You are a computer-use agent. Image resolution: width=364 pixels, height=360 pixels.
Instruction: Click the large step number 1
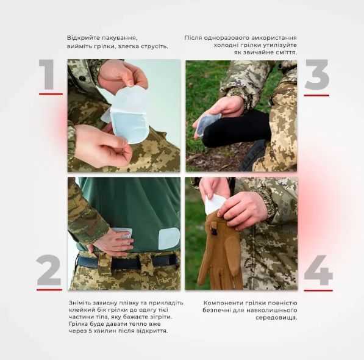point(48,74)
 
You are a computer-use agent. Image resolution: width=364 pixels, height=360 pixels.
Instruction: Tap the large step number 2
point(49,270)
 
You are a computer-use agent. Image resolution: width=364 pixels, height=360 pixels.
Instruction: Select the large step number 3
point(317,74)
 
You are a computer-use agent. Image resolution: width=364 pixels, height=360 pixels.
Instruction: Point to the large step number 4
point(318,270)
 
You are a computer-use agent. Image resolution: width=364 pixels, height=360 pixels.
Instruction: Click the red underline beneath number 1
point(51,94)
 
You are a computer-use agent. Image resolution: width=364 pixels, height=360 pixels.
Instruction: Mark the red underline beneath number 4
point(318,290)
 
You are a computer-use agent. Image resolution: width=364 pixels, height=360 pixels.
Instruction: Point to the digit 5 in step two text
point(90,331)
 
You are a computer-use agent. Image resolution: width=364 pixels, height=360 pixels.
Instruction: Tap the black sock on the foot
point(235,129)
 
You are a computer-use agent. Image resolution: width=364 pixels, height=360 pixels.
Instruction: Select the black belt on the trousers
point(127,261)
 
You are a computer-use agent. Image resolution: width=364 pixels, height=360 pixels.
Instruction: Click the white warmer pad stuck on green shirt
point(169,238)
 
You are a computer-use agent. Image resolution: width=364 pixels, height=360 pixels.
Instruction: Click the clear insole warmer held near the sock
point(207,123)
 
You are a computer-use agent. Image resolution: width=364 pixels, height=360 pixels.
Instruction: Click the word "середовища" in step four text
point(276,317)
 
